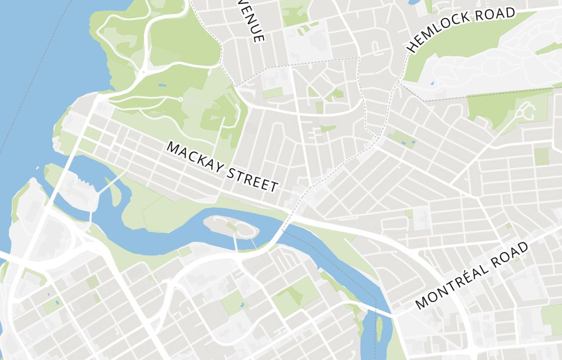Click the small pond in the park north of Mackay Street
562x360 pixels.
[x=162, y=85]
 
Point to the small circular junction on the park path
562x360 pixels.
[x=180, y=100]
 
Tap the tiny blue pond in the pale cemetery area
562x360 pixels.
[x=432, y=83]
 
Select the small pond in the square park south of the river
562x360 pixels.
[x=242, y=305]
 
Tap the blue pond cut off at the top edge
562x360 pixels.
[x=414, y=2]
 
